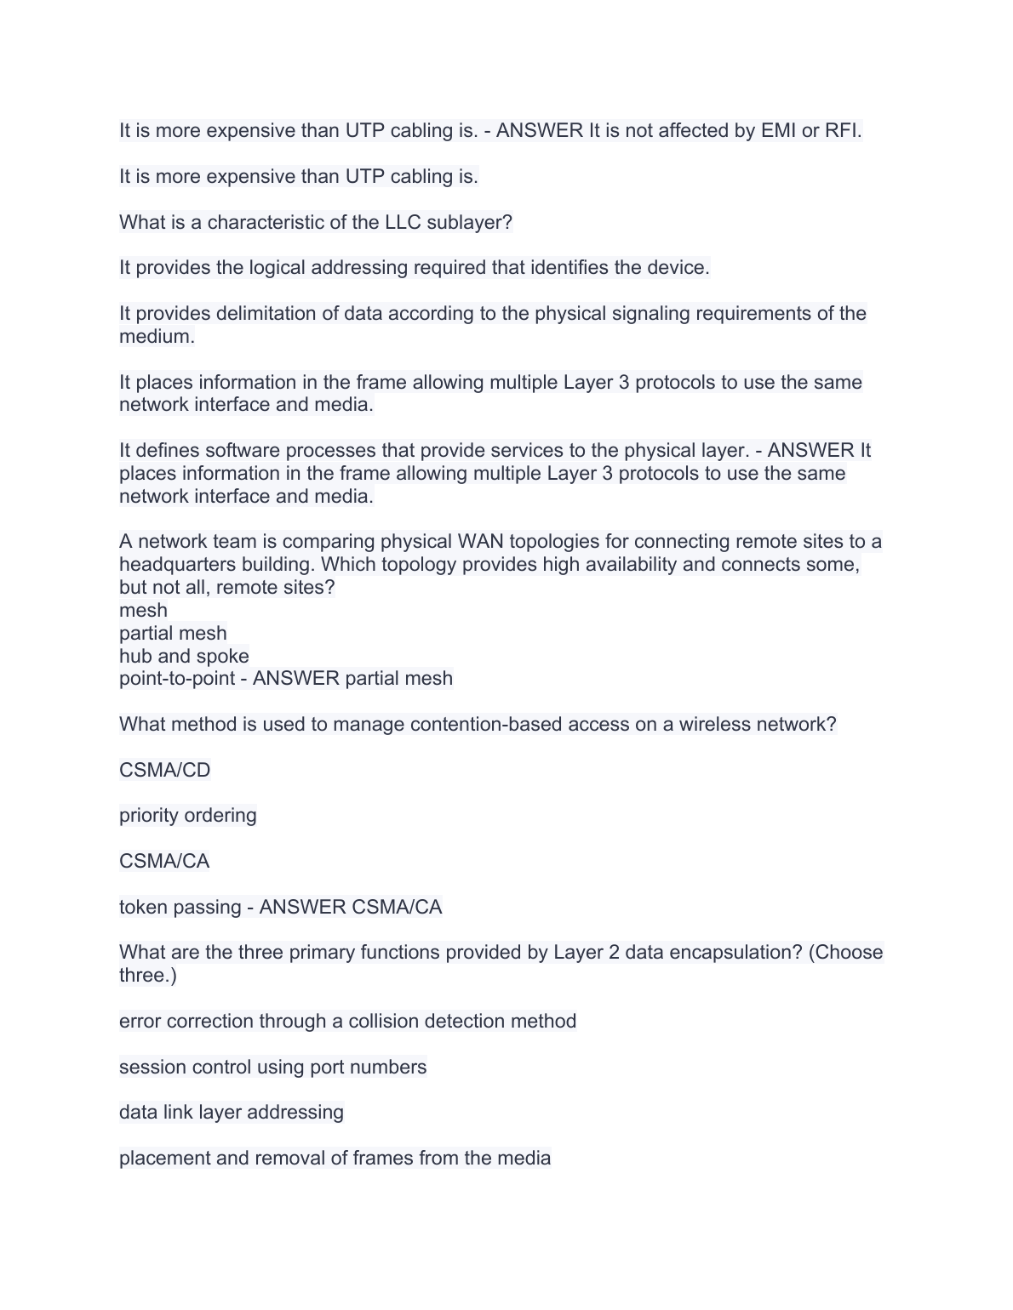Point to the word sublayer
point(468,222)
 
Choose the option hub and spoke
point(184,656)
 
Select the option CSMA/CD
point(164,770)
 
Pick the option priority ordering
point(187,815)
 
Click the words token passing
point(180,907)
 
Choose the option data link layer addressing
point(232,1112)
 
